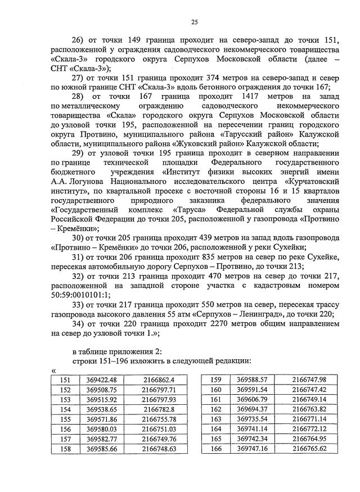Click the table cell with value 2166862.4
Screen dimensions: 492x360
pos(156,380)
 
